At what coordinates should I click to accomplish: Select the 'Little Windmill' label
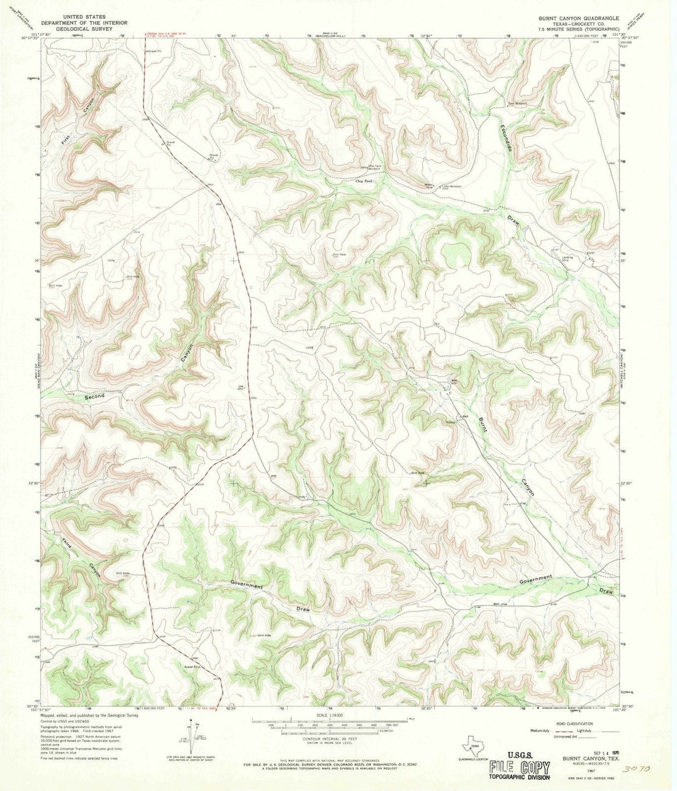tap(451, 186)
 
